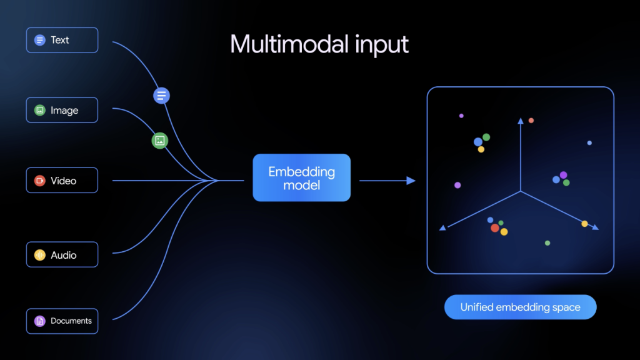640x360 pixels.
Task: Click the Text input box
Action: pos(62,40)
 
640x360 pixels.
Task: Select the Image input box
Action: pos(62,110)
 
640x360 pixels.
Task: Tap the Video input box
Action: pos(62,181)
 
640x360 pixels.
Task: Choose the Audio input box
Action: pos(62,255)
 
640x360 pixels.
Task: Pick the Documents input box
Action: pos(62,321)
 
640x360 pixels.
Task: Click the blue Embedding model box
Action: pos(302,177)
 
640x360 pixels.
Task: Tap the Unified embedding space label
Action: pos(521,307)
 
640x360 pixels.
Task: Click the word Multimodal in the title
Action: pos(289,44)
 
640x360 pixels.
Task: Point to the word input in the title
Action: pos(382,46)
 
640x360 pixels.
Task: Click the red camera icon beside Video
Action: pos(39,181)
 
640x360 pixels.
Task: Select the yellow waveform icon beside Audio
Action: pos(39,255)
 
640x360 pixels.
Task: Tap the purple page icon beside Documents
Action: pos(39,321)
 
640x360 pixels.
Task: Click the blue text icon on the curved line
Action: pos(162,96)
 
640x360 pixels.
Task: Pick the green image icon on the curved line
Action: pos(160,141)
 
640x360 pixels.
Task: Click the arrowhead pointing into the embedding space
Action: pos(411,181)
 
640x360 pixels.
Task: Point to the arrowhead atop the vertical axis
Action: pos(521,121)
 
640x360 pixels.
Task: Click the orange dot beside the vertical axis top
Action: pos(531,121)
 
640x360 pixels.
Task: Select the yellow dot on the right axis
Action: pos(584,224)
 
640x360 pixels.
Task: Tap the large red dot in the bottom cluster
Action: pos(495,227)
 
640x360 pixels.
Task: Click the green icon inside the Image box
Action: pos(39,110)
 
